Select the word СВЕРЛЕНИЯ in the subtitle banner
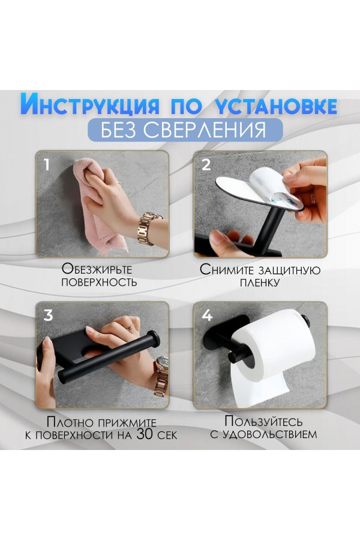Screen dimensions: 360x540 205,130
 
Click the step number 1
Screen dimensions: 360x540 47,164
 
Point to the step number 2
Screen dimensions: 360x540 206,164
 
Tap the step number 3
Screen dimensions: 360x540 48,315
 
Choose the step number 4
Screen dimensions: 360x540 206,315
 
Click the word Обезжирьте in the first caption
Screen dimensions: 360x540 97,269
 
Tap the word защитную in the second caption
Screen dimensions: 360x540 289,269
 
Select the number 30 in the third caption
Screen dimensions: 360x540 145,434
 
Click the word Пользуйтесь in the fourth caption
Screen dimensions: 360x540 263,421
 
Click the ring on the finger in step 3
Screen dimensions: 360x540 130,327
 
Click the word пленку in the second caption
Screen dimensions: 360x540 259,283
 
